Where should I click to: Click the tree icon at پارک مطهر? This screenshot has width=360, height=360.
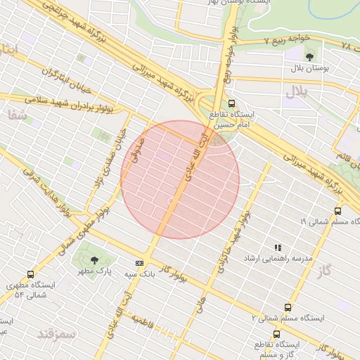[x=95, y=260]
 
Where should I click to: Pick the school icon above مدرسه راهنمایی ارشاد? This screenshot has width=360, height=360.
[x=278, y=247]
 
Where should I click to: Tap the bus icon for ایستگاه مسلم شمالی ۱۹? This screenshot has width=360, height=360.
[x=337, y=210]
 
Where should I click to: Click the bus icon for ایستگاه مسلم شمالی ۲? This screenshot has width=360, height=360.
[x=287, y=307]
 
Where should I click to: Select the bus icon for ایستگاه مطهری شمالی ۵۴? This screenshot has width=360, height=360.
[x=30, y=274]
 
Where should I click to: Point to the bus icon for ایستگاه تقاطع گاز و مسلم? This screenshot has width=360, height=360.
[x=276, y=334]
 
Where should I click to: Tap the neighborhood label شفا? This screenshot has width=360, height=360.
[x=19, y=116]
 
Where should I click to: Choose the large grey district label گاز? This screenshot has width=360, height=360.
[x=323, y=270]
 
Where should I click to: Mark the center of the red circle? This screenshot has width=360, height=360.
[x=180, y=179]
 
